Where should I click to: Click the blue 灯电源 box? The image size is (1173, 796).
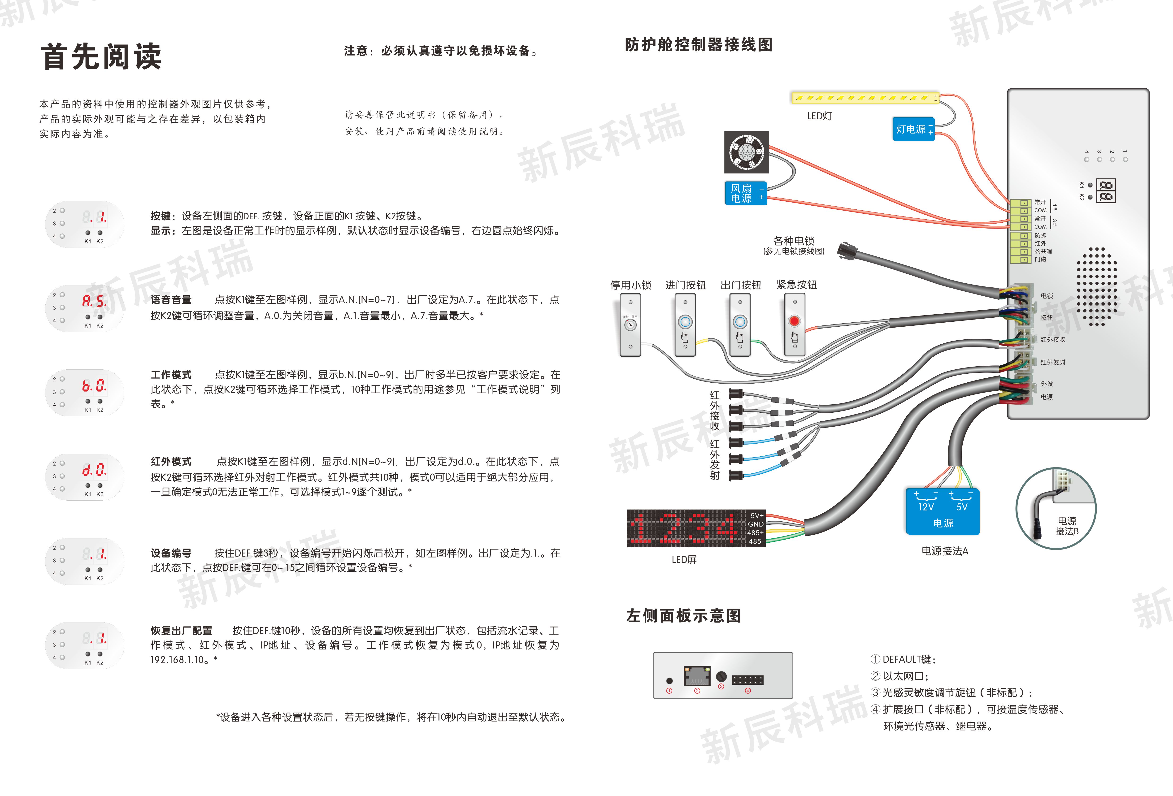click(x=914, y=129)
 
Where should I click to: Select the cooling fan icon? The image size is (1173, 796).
click(x=747, y=152)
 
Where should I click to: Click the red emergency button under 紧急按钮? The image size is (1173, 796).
click(x=795, y=321)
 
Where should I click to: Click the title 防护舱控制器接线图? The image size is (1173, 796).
click(x=699, y=44)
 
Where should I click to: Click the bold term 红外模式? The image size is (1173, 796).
click(x=171, y=461)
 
